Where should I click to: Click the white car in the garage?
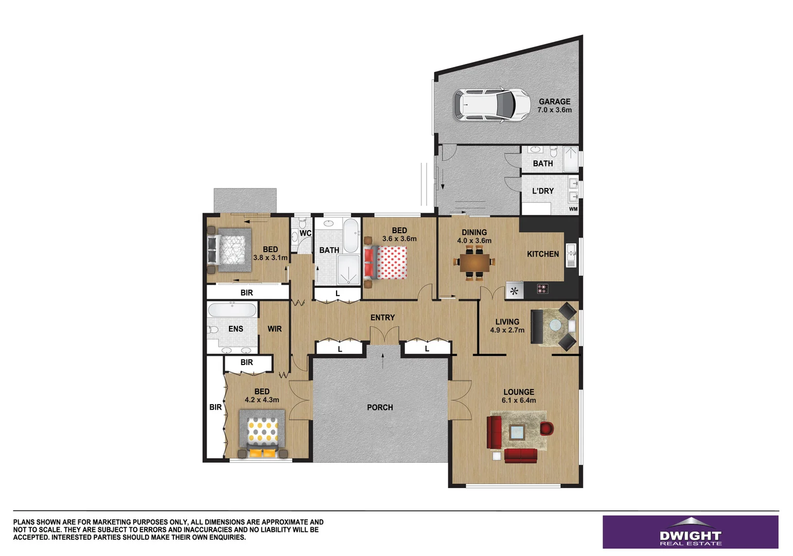(491, 105)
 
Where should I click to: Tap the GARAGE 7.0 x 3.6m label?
(554, 106)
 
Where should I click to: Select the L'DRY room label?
(542, 191)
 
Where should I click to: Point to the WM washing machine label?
(573, 209)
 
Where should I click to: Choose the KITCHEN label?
(542, 254)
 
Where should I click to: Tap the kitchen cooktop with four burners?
(542, 289)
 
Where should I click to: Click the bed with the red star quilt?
(387, 263)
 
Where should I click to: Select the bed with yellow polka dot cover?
(262, 432)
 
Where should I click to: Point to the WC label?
(305, 233)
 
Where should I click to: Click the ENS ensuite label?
(236, 329)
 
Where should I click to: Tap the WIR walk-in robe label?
(274, 329)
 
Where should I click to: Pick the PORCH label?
(380, 407)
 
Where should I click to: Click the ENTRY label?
(382, 318)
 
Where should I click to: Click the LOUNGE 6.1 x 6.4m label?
(519, 396)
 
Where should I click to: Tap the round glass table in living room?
(556, 325)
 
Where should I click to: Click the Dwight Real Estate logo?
(690, 532)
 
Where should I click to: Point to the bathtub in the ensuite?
(232, 310)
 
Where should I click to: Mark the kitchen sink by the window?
(570, 255)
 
